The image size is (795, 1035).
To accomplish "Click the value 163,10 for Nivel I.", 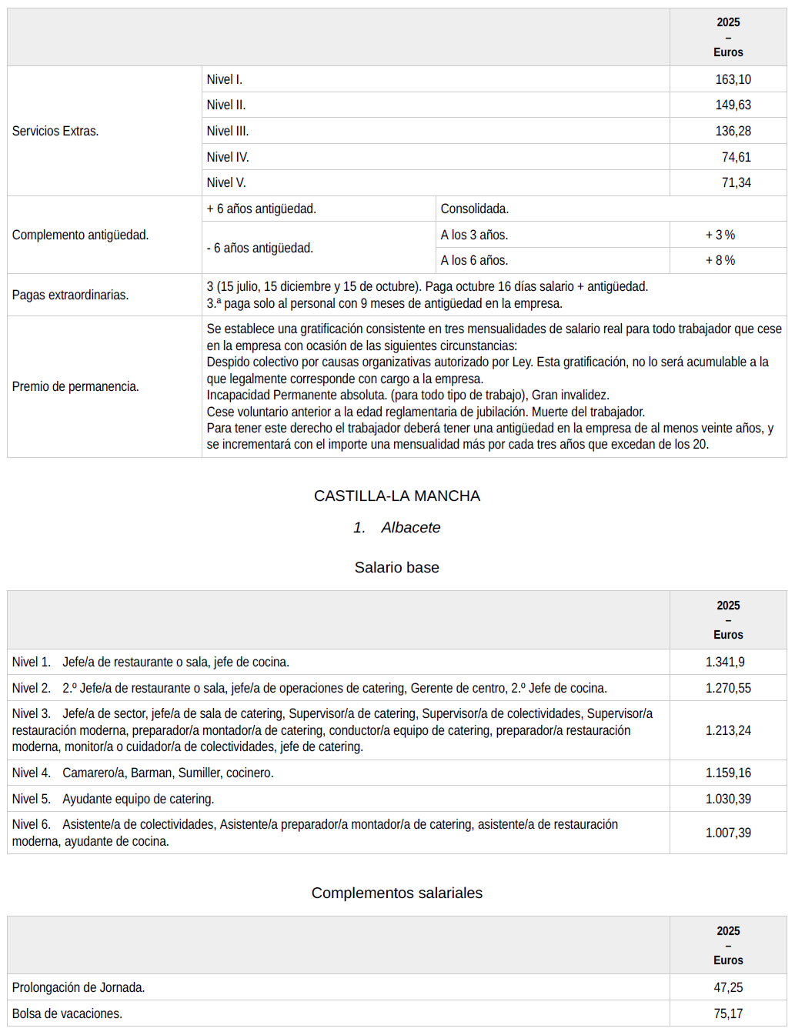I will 733,79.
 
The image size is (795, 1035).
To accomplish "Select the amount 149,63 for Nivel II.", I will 733,105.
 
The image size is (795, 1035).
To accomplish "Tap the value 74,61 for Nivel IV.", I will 736,157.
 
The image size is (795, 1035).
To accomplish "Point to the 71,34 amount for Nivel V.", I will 736,182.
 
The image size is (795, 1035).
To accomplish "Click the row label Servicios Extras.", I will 55,131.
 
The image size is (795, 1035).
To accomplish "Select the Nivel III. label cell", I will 228,131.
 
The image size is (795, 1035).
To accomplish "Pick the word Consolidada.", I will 474,209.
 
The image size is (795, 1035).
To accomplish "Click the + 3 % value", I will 720,235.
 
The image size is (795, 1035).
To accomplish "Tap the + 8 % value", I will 720,260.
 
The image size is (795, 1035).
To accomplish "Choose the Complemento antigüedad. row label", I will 80,235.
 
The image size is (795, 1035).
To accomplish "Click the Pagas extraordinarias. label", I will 70,295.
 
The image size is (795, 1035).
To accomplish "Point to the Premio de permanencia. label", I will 75,386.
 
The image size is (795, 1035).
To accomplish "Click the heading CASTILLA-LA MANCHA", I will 397,496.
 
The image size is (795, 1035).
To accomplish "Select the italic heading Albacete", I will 411,527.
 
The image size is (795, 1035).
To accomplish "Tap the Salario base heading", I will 397,567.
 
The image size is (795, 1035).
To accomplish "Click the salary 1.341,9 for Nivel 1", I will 725,662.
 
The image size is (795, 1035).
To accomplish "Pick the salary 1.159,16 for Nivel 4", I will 728,773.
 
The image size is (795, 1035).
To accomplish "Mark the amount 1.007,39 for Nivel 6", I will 728,833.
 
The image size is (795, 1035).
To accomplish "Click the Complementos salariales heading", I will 397,893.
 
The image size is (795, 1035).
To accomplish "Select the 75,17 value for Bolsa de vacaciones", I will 728,1013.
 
